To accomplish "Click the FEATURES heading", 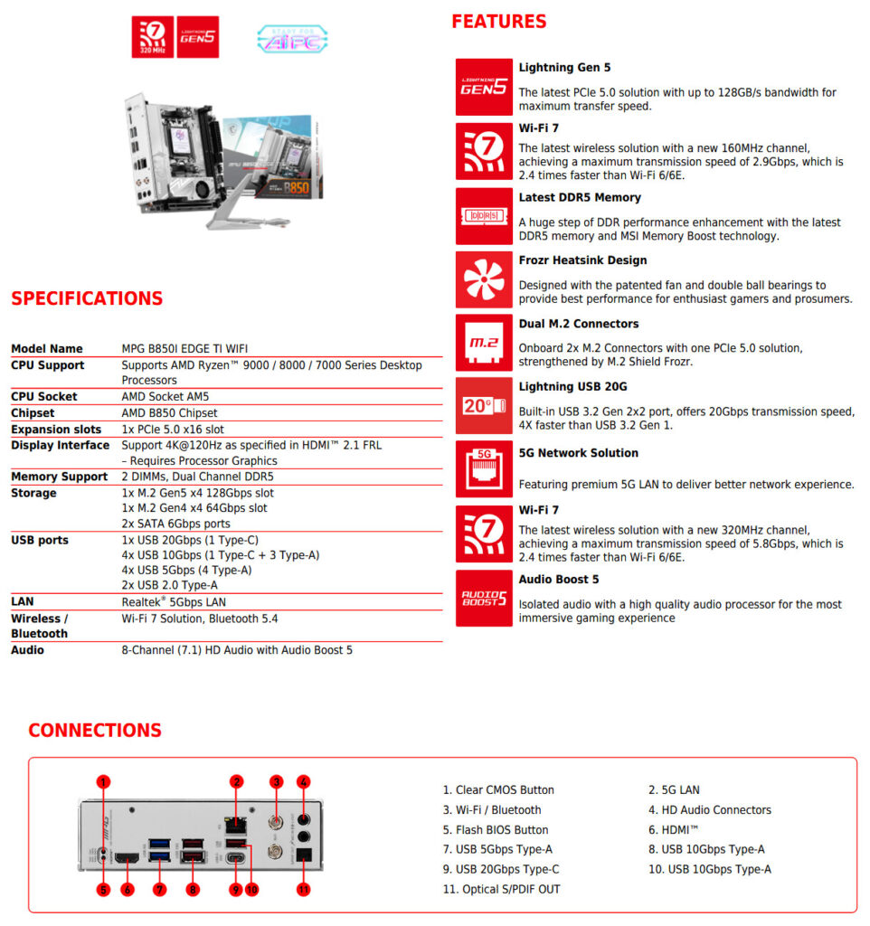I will (499, 22).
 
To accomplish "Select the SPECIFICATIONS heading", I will (87, 298).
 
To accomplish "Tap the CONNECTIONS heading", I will (95, 731).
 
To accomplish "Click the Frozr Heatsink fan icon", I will (484, 280).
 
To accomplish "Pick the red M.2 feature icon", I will (484, 343).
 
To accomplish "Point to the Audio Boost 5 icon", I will (484, 598).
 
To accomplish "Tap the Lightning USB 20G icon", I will (484, 406).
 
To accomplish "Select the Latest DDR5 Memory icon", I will (484, 216).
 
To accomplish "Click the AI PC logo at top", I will (292, 38).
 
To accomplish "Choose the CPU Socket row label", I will (44, 396).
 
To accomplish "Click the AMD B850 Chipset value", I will (169, 412).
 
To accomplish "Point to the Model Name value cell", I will (184, 348).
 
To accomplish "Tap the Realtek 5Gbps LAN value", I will (174, 601).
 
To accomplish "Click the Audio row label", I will (27, 649).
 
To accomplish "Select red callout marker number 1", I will (103, 782).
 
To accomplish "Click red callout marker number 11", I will (304, 890).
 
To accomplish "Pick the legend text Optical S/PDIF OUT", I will (501, 889).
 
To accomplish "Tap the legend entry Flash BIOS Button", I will (496, 829).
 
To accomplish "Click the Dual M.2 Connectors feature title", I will (578, 324).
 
